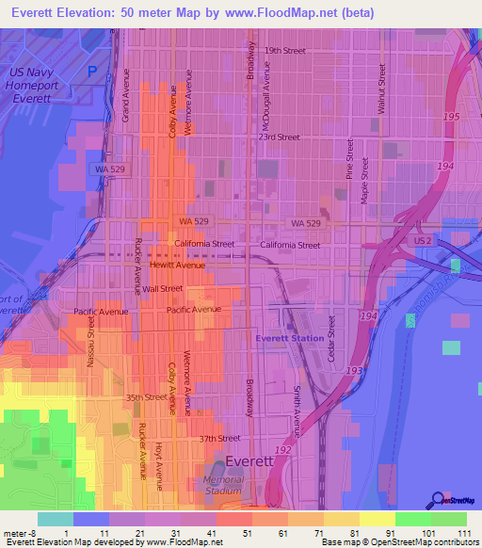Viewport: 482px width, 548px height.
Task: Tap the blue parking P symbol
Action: tap(92, 72)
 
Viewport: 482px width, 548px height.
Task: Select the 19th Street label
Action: tap(285, 50)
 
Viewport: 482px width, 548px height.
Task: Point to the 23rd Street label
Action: tap(281, 137)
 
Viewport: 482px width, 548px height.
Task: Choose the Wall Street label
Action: tap(163, 288)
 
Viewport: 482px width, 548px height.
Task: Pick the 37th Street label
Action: tap(219, 438)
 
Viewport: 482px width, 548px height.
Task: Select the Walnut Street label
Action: tap(382, 89)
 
